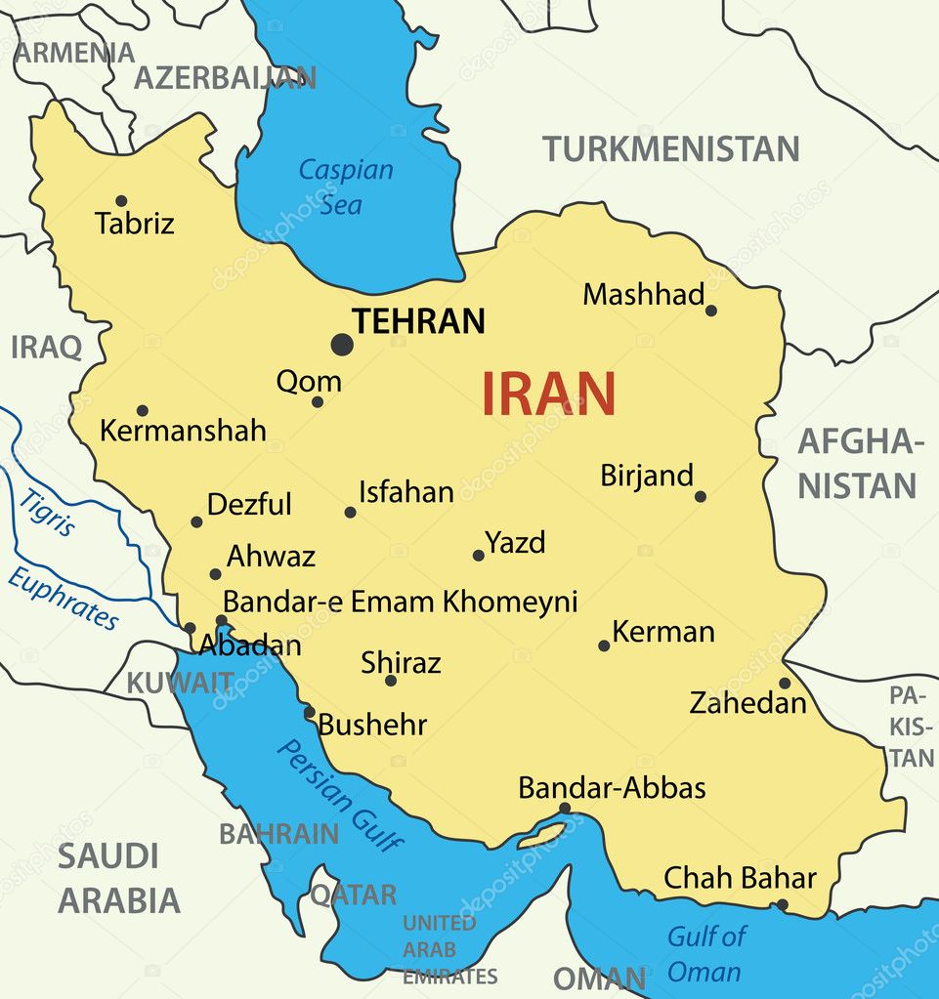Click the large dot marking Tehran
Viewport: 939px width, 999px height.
click(341, 344)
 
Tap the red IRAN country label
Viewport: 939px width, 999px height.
click(548, 394)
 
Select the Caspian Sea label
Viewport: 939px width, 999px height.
click(346, 187)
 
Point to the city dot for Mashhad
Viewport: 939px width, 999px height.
click(710, 311)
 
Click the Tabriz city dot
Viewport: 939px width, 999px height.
click(121, 201)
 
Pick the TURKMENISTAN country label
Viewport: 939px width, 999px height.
click(670, 149)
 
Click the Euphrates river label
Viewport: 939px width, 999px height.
click(64, 598)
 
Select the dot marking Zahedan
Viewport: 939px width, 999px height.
click(785, 683)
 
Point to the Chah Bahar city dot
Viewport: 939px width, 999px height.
click(781, 905)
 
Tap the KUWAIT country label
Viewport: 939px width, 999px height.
click(180, 683)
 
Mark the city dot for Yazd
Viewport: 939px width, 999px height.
click(479, 555)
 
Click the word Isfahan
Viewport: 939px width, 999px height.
click(405, 492)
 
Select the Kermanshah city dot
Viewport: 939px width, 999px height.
click(142, 410)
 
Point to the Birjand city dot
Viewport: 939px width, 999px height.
click(700, 496)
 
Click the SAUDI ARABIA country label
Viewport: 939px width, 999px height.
click(118, 878)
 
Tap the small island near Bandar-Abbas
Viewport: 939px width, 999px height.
click(542, 835)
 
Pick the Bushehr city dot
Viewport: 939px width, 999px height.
click(309, 712)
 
